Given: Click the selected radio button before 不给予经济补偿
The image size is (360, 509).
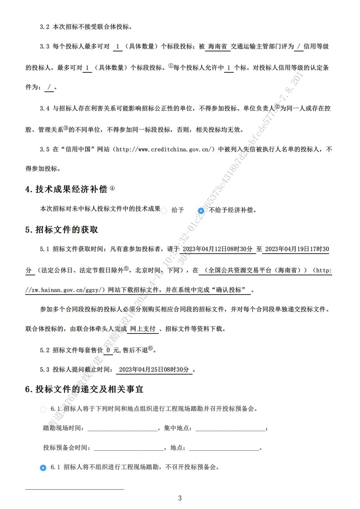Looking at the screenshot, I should tap(201, 210).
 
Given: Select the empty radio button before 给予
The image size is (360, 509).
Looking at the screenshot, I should tap(164, 211).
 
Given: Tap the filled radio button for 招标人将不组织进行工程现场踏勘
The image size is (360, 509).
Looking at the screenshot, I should tap(43, 468).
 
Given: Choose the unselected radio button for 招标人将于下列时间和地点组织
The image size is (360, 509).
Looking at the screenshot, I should tap(43, 409).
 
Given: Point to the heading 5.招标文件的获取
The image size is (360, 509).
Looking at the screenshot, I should tap(62, 230).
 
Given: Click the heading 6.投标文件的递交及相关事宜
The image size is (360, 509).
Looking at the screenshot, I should tap(84, 389).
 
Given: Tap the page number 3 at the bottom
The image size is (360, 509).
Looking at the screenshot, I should tap(180, 498).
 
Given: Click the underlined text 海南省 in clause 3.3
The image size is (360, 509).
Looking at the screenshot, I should tap(218, 47).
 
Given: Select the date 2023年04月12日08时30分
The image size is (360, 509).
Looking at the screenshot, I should tap(217, 249).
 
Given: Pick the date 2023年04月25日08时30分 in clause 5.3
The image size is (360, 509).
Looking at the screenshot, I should tap(154, 369).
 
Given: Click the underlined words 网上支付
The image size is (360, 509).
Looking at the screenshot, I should tap(143, 329).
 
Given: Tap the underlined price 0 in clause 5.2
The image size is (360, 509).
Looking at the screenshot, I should tap(108, 350).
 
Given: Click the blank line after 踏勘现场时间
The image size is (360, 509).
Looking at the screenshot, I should tap(122, 428).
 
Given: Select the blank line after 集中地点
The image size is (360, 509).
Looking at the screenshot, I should tap(230, 428).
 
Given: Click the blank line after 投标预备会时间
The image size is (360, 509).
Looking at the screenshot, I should tap(129, 448).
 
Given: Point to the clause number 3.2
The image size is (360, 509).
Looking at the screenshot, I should tap(45, 27).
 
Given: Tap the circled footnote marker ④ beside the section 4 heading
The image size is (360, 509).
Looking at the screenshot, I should tap(112, 188).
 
